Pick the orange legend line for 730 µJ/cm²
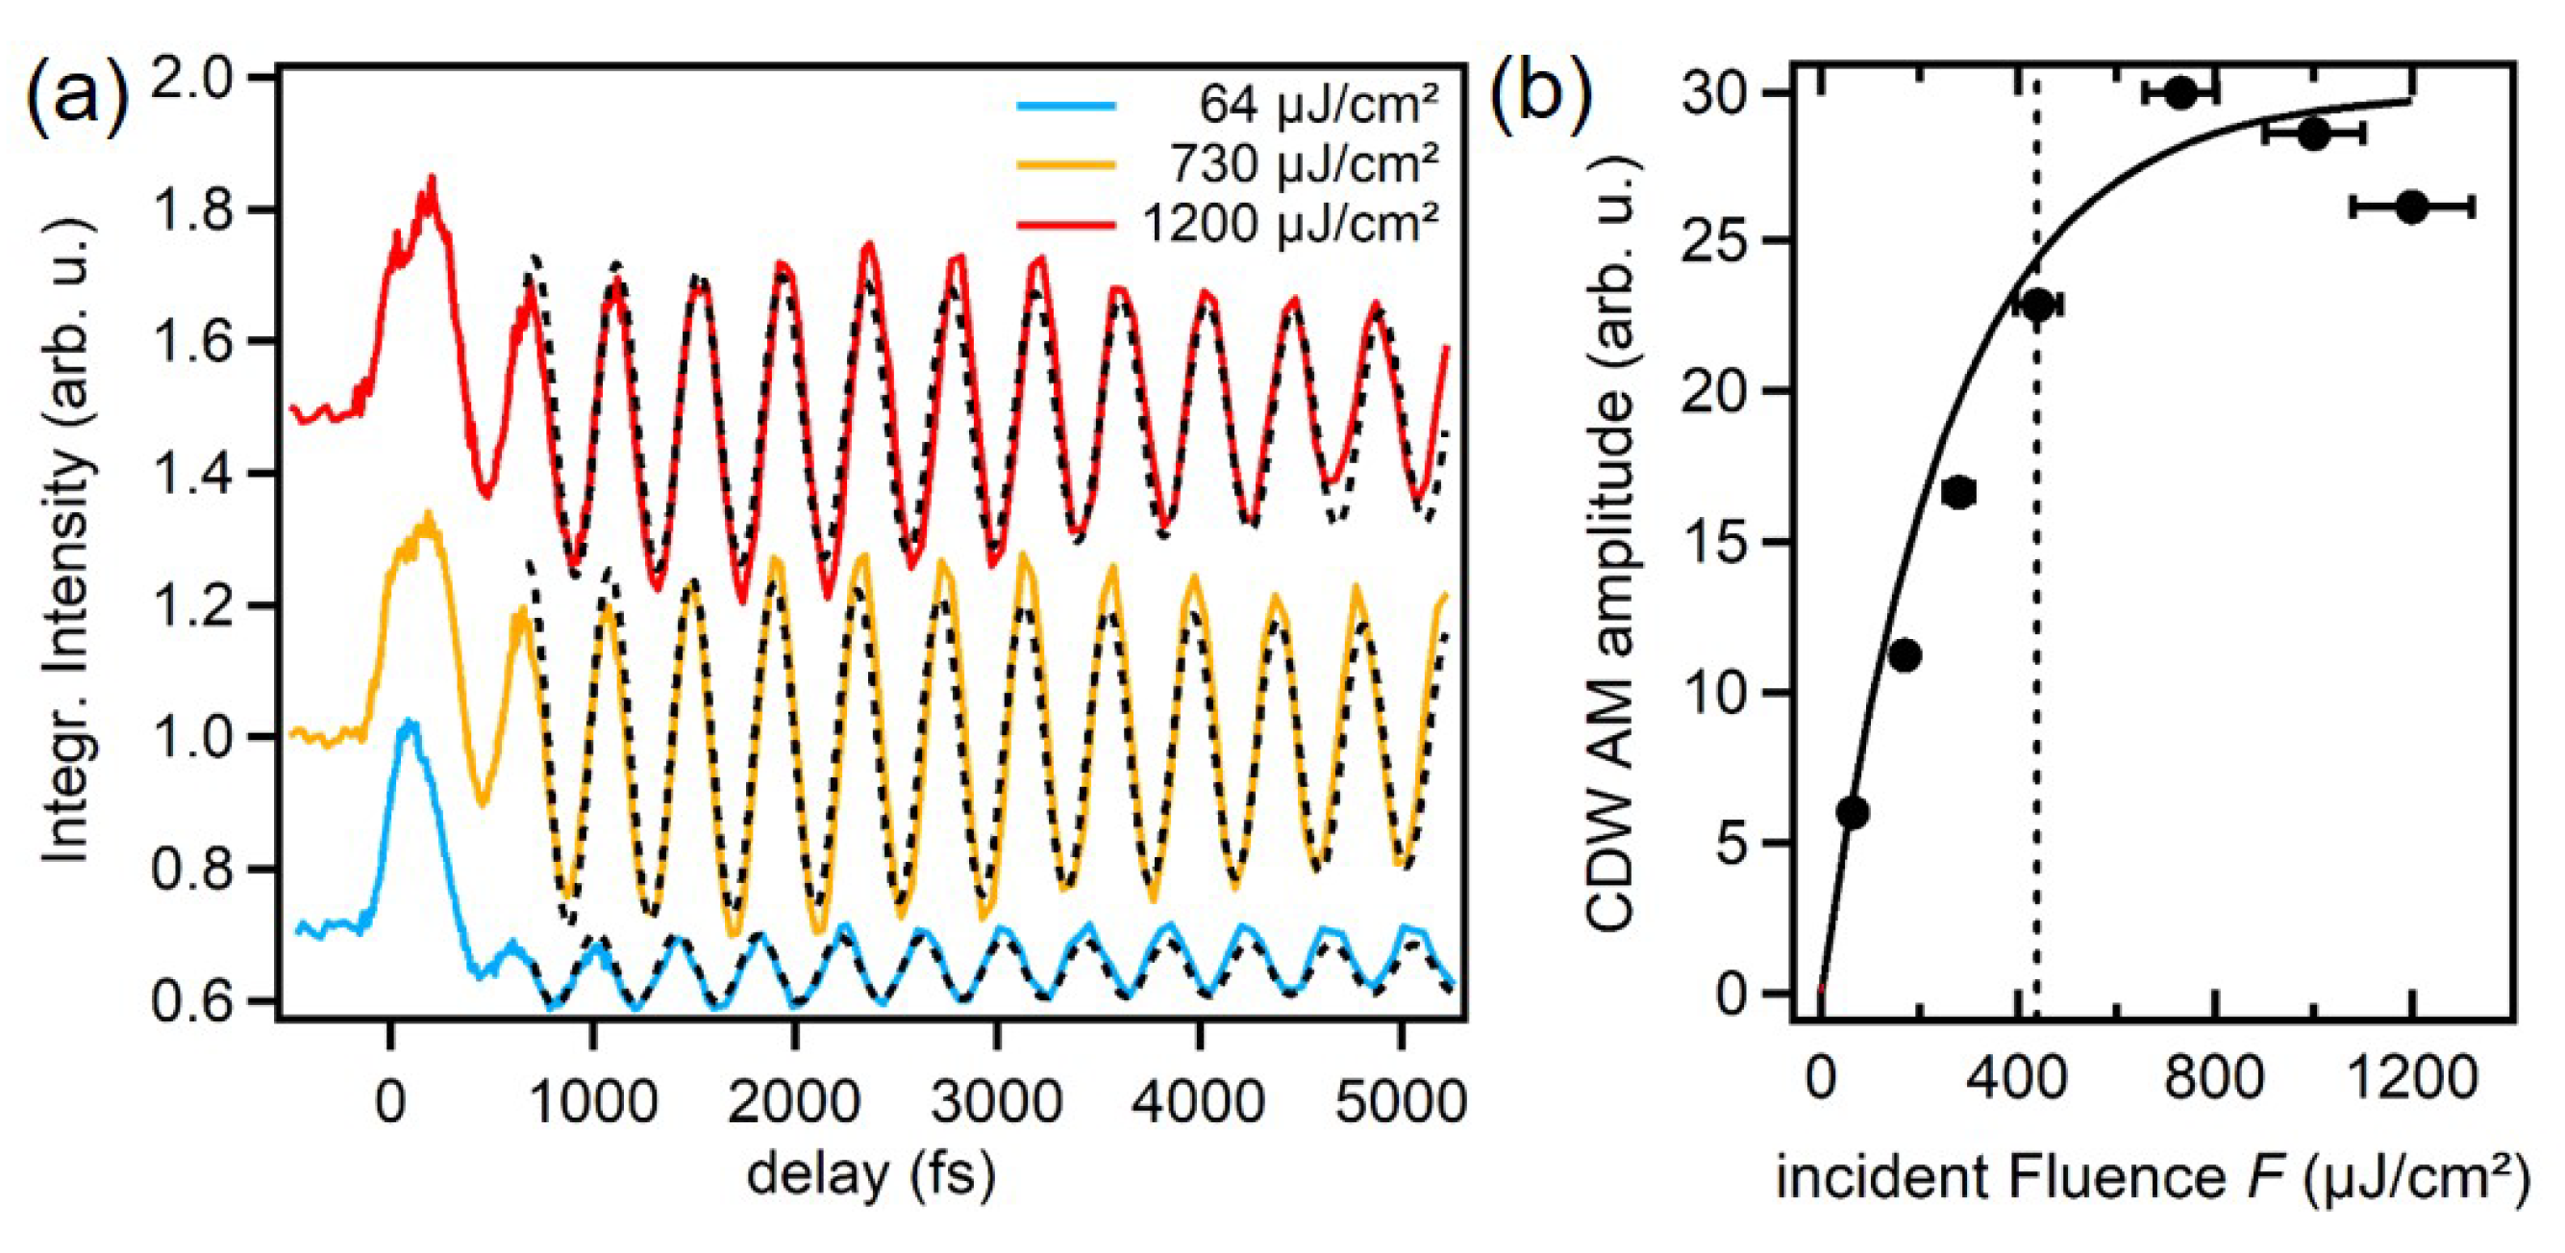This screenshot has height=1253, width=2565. [1065, 163]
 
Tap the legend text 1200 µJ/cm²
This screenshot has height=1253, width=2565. [1290, 223]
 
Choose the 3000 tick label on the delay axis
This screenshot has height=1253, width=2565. [997, 1102]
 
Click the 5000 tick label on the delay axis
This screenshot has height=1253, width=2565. [1400, 1102]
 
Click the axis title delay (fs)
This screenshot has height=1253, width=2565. [870, 1174]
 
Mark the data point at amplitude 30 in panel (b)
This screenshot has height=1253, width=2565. [2180, 92]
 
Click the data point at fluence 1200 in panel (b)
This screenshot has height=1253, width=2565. [2410, 207]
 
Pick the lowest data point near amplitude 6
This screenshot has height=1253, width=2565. [1852, 812]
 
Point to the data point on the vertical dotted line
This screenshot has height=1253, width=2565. [2037, 305]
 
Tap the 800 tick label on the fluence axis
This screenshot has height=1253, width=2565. [2214, 1078]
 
